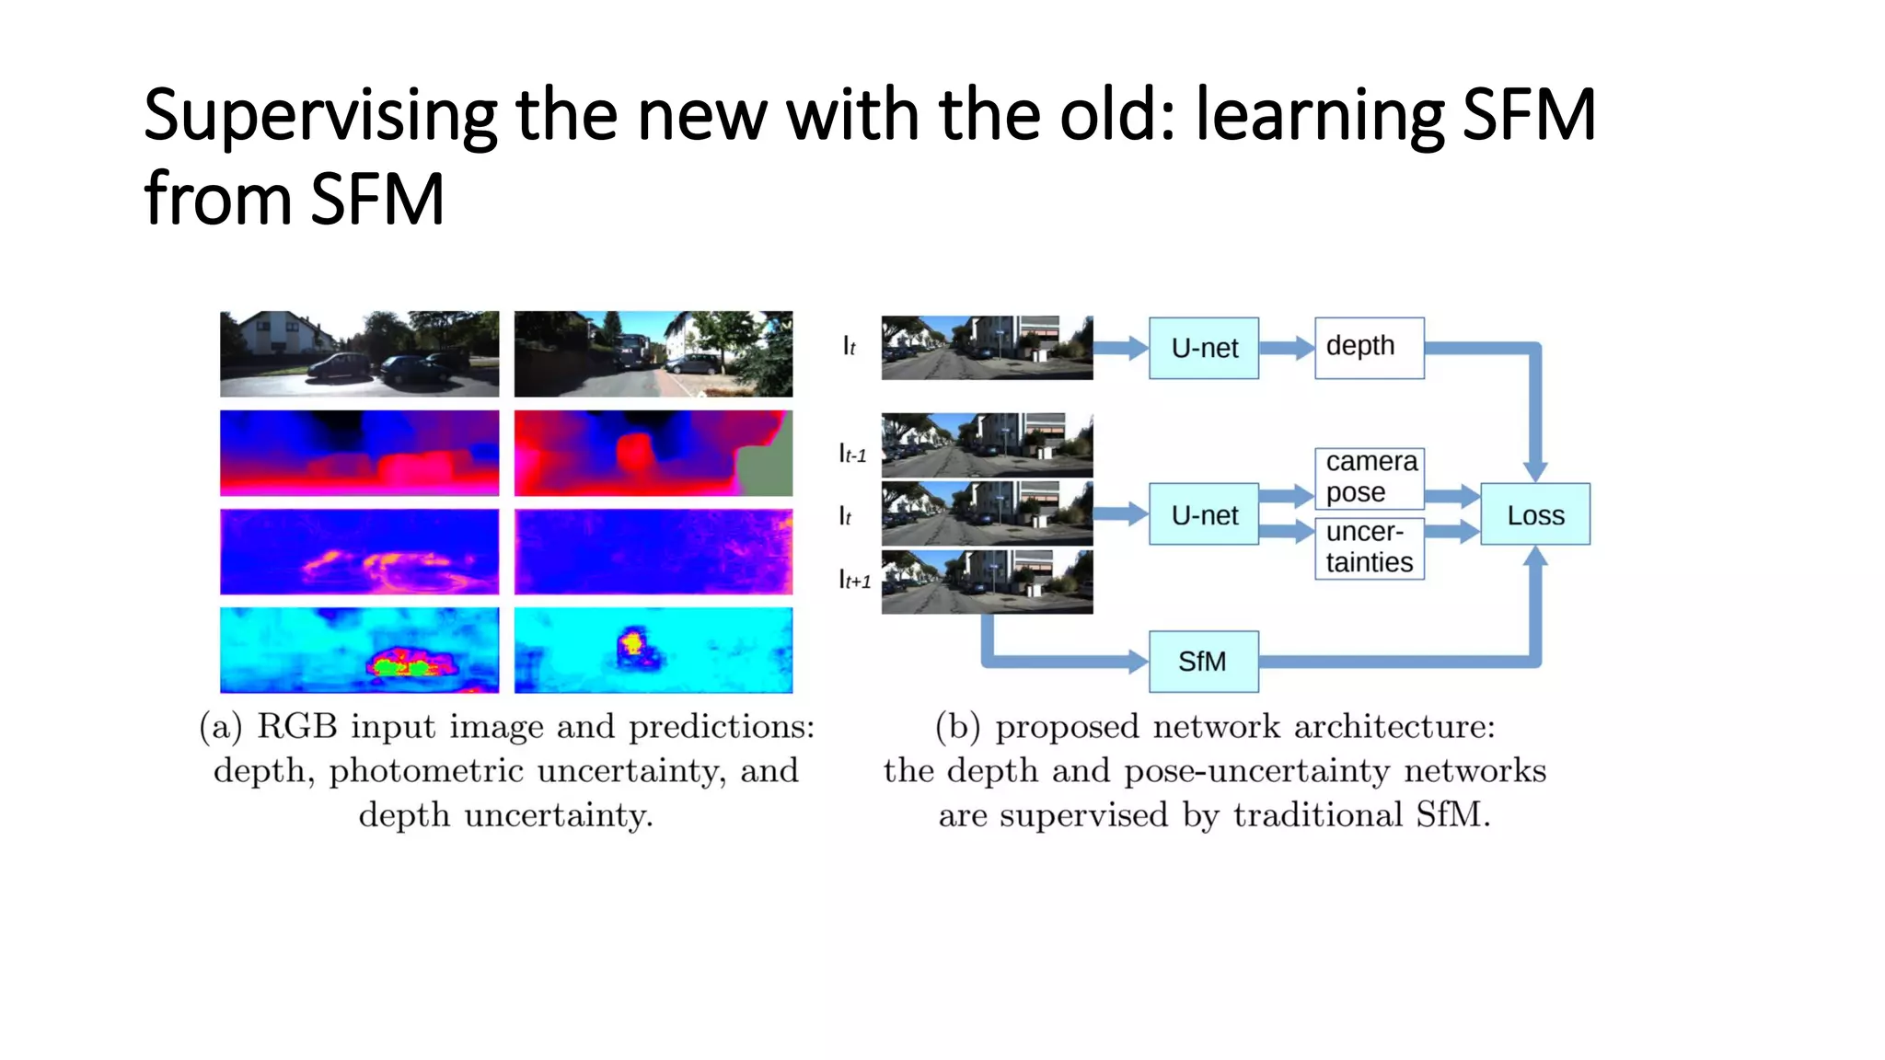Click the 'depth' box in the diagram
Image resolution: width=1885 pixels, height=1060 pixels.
(x=1369, y=348)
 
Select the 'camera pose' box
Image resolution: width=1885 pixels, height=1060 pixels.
(x=1369, y=477)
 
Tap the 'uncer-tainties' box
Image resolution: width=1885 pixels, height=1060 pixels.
(x=1369, y=547)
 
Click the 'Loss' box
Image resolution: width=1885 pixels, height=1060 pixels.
(x=1534, y=514)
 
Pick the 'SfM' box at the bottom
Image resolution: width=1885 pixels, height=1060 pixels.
(x=1203, y=661)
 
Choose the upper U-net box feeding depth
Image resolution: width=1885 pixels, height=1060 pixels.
(x=1203, y=348)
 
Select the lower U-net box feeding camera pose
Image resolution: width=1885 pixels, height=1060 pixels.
(x=1203, y=514)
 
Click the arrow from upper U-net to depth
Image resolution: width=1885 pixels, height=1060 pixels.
(x=1286, y=348)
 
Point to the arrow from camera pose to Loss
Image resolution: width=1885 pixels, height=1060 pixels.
(x=1451, y=497)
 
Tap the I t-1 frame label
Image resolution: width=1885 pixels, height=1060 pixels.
(x=852, y=454)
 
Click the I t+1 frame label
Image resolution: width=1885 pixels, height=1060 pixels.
(x=854, y=580)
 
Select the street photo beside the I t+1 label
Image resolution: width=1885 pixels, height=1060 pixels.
(x=987, y=582)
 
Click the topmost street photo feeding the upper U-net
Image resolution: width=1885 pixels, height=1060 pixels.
(x=987, y=348)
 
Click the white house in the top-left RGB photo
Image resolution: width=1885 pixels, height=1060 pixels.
(x=276, y=335)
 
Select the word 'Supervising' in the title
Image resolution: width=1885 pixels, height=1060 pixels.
(x=320, y=116)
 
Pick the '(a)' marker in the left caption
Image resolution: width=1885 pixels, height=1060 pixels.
(x=221, y=727)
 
